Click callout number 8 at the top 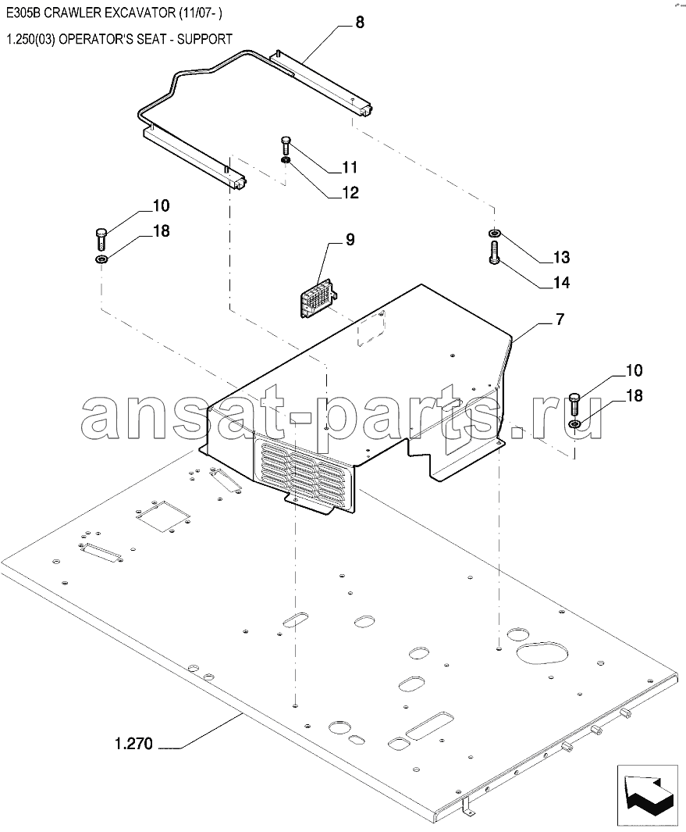point(360,23)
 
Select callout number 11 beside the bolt point(350,168)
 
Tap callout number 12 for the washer point(351,193)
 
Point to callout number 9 point(350,239)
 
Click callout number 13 point(561,257)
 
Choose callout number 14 point(562,283)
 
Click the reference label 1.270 point(133,744)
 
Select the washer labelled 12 point(285,160)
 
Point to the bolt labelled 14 point(494,252)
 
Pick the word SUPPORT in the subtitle point(204,39)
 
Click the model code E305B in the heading point(23,13)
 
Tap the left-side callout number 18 point(162,231)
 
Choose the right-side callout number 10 point(634,370)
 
